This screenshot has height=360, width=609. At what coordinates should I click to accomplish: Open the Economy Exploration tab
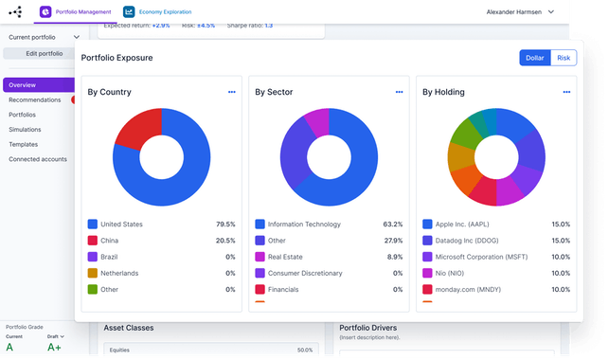point(164,11)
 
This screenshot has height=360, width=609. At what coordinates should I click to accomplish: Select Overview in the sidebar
point(23,85)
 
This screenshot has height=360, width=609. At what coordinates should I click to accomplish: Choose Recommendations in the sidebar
point(35,99)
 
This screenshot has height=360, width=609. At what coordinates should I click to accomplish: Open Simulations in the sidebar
point(25,130)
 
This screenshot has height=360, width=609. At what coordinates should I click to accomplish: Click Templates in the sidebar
point(24,144)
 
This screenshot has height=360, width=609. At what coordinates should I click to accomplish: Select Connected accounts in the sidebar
point(38,159)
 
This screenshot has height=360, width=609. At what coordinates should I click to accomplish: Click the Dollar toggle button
point(534,58)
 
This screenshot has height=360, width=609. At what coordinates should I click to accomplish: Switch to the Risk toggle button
point(564,58)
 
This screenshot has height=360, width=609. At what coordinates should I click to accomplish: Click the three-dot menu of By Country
point(231,92)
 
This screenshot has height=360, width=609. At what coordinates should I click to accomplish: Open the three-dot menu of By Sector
point(399,92)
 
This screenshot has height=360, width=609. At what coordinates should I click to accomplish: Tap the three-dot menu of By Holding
point(566,92)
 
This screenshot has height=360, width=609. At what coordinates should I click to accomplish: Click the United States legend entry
point(121,225)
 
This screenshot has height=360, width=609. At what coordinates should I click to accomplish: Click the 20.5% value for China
point(224,241)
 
